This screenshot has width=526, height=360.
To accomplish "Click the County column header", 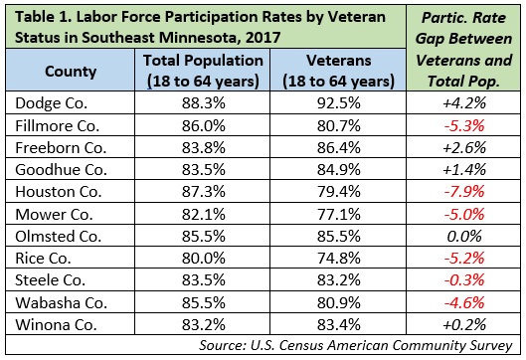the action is coord(71,72).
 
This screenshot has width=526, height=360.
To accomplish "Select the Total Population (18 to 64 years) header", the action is coord(203,71).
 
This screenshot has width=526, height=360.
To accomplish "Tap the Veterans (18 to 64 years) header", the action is coord(338,71).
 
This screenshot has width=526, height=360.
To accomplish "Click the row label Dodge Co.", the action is coord(52,103).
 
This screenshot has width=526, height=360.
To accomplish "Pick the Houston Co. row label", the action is coord(59,192).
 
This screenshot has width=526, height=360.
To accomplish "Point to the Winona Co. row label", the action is coord(56,325).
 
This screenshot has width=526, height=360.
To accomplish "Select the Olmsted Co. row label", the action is coord(58,237).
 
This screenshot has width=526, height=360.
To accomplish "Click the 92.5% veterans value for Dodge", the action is coord(339,103).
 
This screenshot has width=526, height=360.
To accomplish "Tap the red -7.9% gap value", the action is coord(464,192).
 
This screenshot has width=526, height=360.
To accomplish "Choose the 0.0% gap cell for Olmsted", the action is coord(464,237).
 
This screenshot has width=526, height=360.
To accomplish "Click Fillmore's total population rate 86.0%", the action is coord(203,126).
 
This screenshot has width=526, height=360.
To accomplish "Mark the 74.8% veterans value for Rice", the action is coord(339,259).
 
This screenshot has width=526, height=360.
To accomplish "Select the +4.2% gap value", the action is coord(464,103).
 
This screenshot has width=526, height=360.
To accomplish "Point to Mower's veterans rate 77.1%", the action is coord(339,214).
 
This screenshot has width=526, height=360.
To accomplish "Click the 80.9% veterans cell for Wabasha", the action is coord(339,302).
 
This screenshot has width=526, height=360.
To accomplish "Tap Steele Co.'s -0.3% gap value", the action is coord(464,280).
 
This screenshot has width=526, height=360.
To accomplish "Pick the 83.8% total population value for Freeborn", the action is coord(203,147).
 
